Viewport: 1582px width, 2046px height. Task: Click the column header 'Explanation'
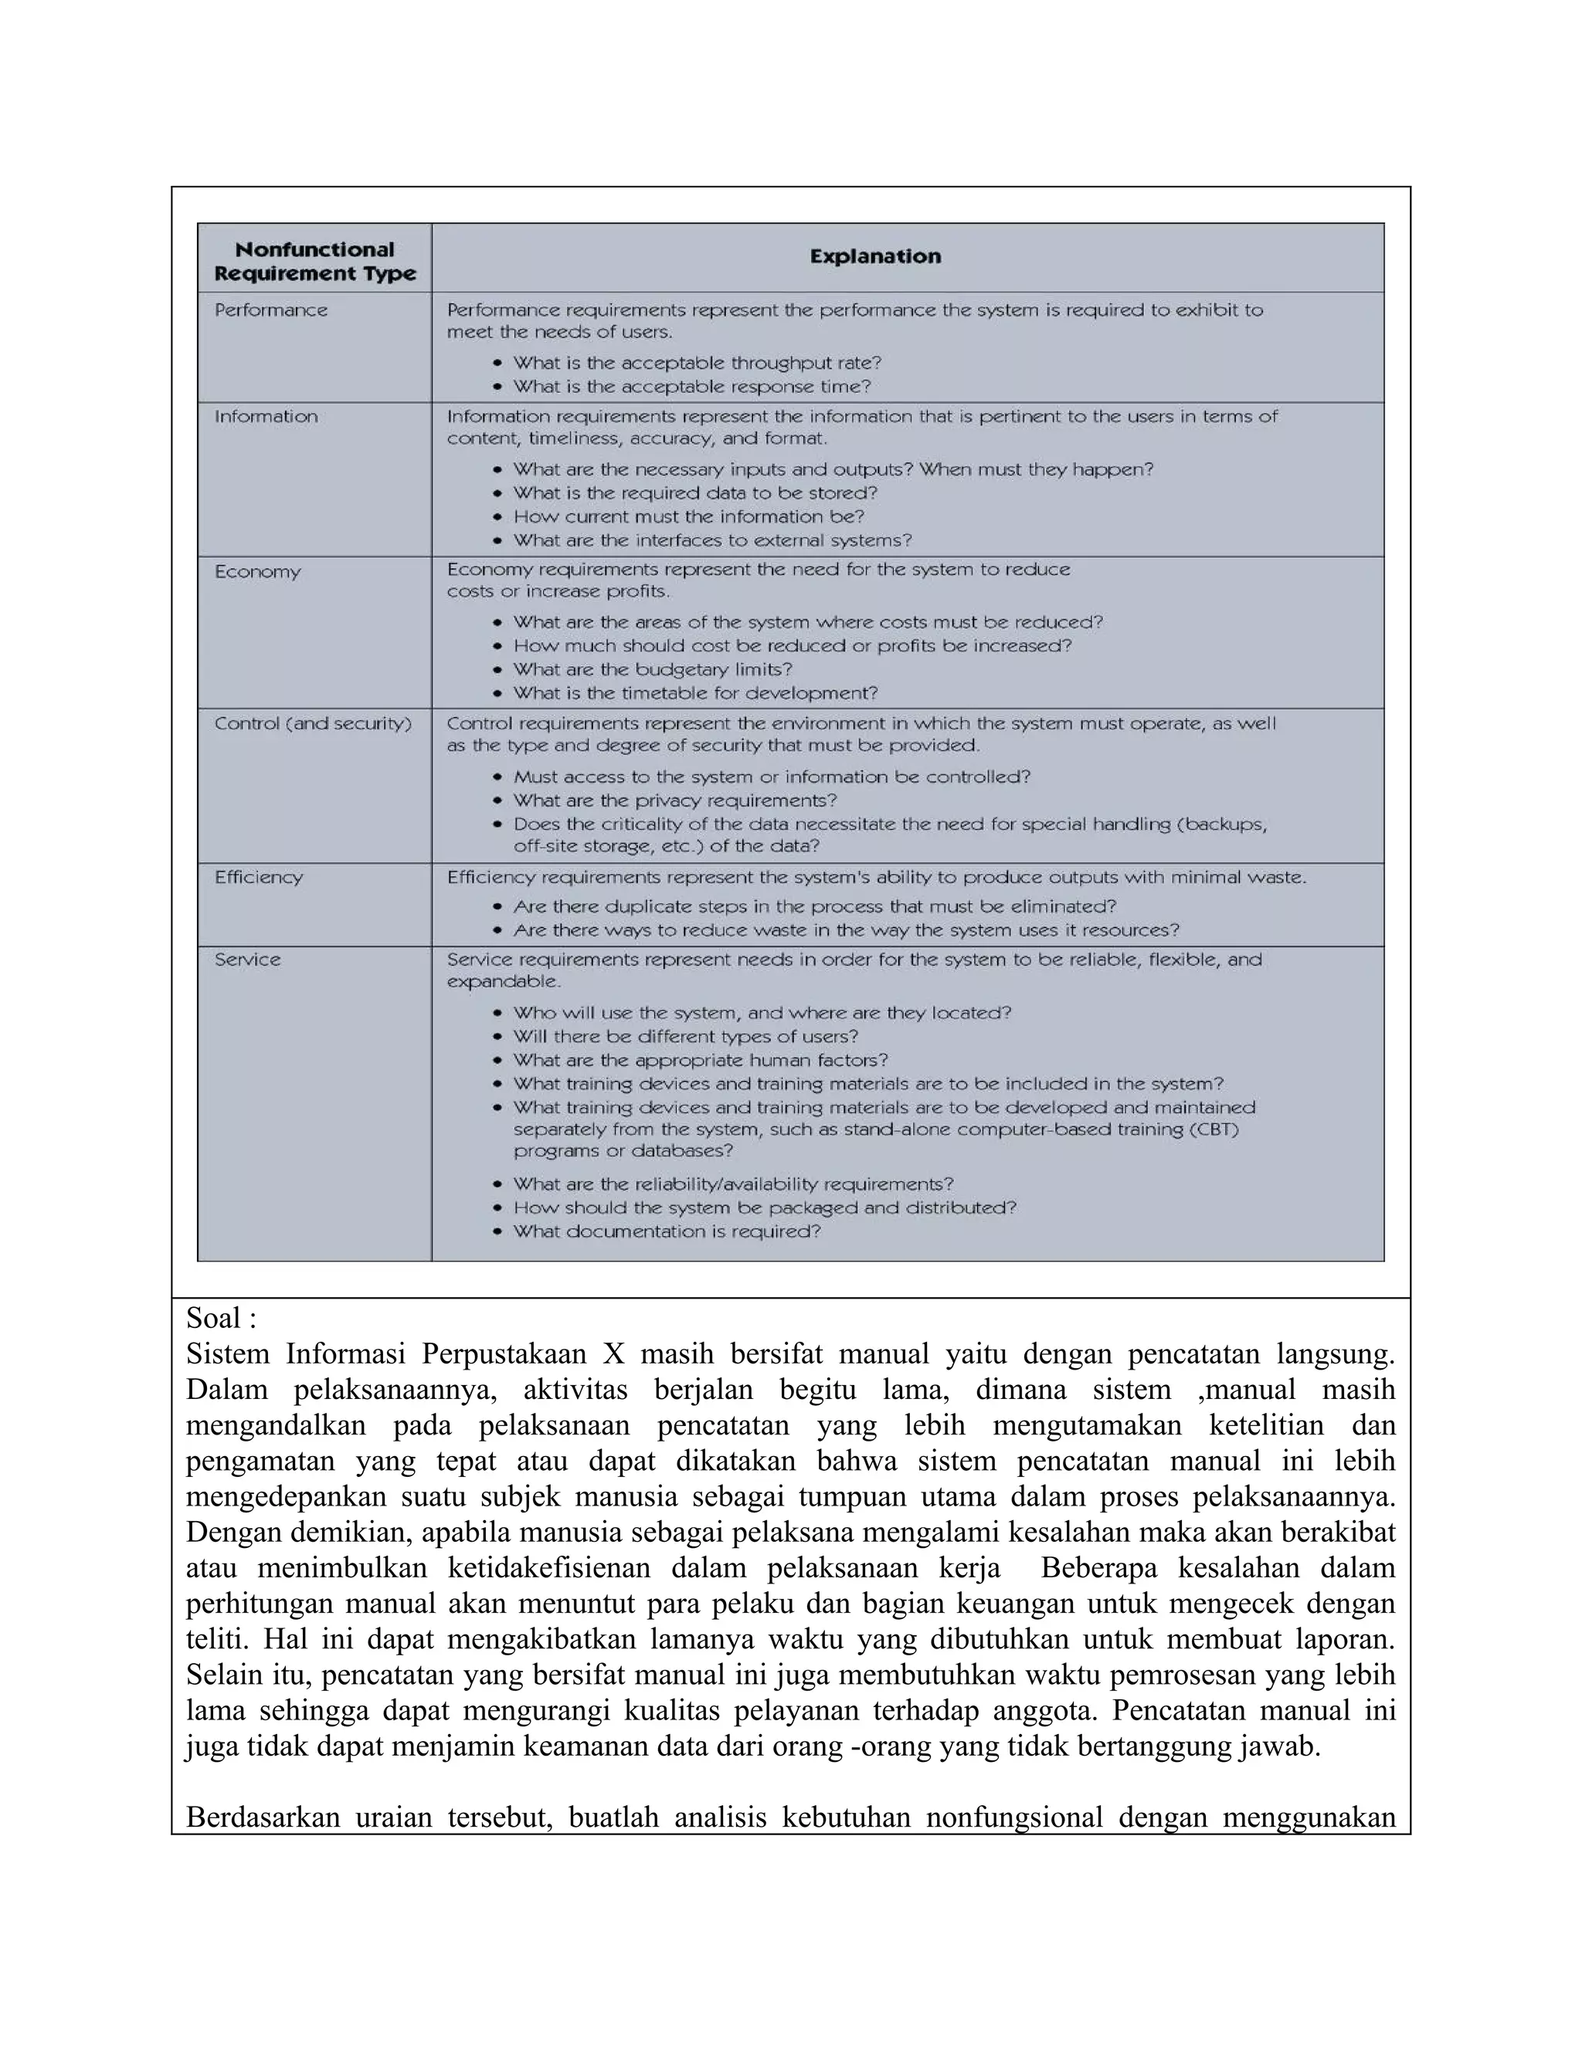point(874,256)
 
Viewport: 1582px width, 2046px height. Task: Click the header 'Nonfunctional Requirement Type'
point(315,262)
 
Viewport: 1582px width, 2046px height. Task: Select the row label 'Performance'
point(271,310)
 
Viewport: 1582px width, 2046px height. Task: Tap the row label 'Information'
point(266,417)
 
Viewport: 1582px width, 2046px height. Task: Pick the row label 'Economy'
point(258,571)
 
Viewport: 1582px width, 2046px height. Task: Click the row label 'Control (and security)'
point(313,724)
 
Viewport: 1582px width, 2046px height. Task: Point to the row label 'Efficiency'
point(259,878)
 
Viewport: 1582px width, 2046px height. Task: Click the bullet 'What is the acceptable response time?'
point(691,387)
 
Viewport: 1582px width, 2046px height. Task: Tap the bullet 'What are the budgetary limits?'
point(652,670)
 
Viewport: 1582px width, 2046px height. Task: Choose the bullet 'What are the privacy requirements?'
point(675,801)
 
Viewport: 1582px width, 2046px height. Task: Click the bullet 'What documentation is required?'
point(667,1232)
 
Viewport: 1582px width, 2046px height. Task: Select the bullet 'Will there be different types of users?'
point(685,1037)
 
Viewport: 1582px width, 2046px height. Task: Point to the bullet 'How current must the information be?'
point(688,517)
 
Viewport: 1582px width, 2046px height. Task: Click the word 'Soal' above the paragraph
point(212,1318)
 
